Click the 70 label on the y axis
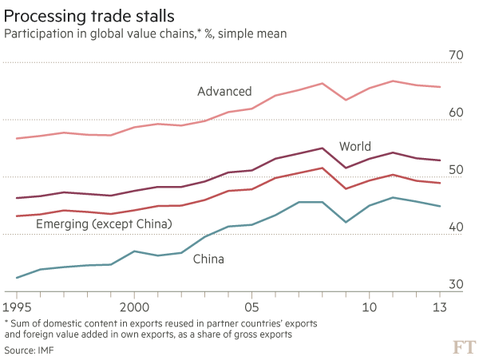point(456,54)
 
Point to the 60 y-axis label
point(456,112)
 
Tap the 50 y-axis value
point(456,169)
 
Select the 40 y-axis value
point(456,227)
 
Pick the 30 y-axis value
point(456,284)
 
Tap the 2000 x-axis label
point(134,307)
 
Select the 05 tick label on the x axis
point(251,307)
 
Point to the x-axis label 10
point(370,307)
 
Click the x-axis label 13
point(439,307)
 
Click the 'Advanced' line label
point(224,92)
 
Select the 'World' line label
point(354,146)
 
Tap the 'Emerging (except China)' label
point(105,225)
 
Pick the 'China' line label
point(208,259)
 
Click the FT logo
point(461,346)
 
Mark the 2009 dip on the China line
point(346,221)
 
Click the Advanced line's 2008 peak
point(322,83)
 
